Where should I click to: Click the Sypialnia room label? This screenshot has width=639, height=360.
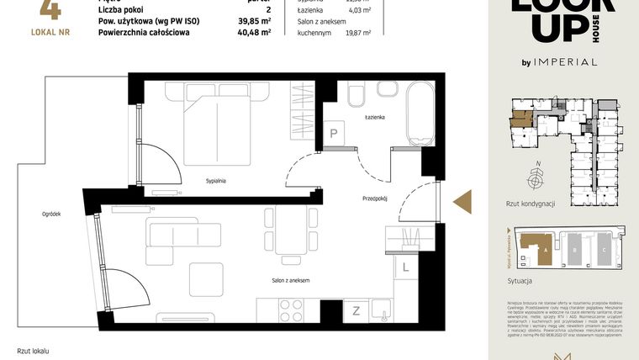pyautogui.click(x=218, y=181)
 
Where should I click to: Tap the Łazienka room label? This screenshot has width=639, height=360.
pyautogui.click(x=374, y=118)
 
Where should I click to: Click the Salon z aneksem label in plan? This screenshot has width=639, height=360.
pyautogui.click(x=291, y=280)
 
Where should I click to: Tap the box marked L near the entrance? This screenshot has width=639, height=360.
pyautogui.click(x=404, y=267)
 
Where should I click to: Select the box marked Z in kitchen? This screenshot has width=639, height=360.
pyautogui.click(x=356, y=310)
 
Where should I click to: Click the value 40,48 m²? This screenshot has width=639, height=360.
pyautogui.click(x=254, y=33)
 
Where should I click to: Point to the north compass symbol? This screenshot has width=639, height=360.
pyautogui.click(x=535, y=177)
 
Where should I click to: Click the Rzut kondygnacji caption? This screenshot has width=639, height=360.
pyautogui.click(x=531, y=204)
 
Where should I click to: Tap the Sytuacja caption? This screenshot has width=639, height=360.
pyautogui.click(x=520, y=281)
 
